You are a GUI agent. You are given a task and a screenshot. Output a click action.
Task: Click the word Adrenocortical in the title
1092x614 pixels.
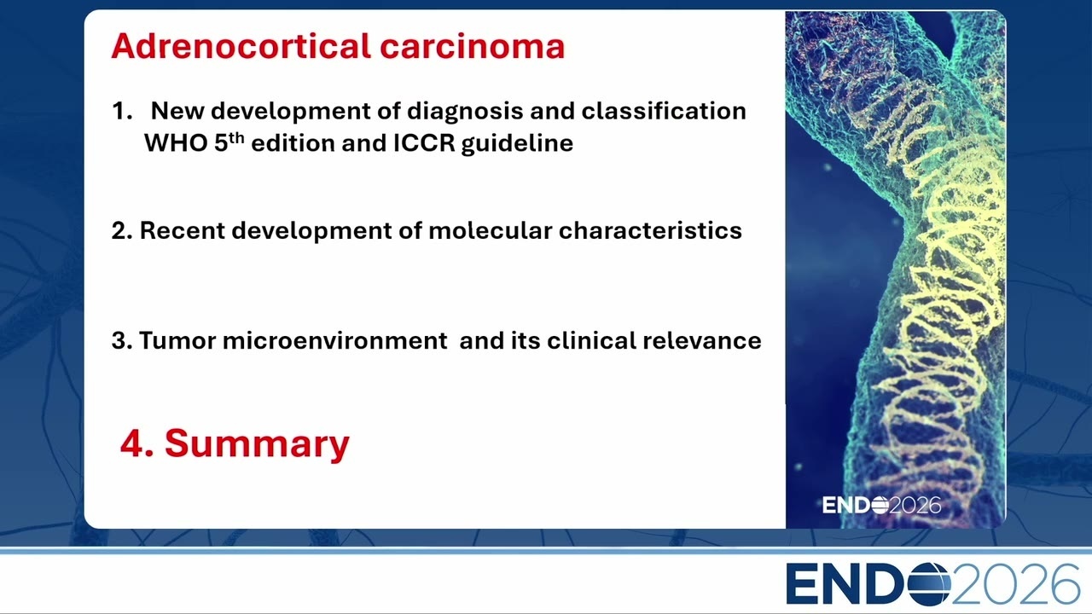pos(241,46)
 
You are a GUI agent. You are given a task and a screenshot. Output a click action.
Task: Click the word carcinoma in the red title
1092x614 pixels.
pos(473,46)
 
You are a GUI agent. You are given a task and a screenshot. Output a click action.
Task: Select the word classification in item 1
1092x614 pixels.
pos(664,111)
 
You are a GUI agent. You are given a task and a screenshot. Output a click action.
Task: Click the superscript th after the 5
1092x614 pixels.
pos(236,138)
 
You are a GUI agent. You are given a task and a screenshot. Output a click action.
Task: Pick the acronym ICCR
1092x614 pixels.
pos(424,142)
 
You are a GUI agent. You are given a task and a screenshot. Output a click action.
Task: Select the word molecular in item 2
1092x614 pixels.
pos(490,230)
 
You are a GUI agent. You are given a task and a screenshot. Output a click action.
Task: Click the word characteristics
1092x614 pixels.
pos(650,230)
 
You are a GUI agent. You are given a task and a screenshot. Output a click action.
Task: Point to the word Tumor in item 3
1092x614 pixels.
pos(177,340)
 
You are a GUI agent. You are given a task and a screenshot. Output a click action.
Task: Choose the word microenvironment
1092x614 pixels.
pos(335,340)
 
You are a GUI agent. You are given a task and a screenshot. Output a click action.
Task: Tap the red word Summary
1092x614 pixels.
pos(257,444)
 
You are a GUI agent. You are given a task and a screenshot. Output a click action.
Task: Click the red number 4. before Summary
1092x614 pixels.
pos(137,444)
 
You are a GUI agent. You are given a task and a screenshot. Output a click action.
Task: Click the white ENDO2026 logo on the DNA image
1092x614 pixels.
pos(881,506)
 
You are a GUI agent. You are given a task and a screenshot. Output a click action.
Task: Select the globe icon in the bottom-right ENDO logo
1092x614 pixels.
pos(929,583)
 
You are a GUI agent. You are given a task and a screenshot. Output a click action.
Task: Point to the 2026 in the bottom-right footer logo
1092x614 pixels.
pos(1015,583)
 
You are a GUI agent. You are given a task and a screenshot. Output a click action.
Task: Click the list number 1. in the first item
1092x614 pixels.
pos(122,111)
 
